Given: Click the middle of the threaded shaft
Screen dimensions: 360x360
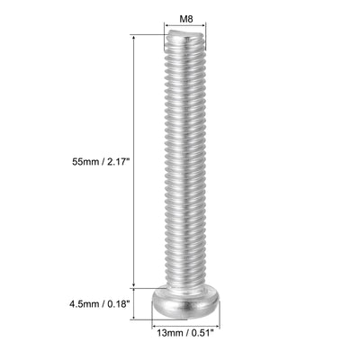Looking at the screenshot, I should (185, 162).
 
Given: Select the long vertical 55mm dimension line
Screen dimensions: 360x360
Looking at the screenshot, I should (135, 162).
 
